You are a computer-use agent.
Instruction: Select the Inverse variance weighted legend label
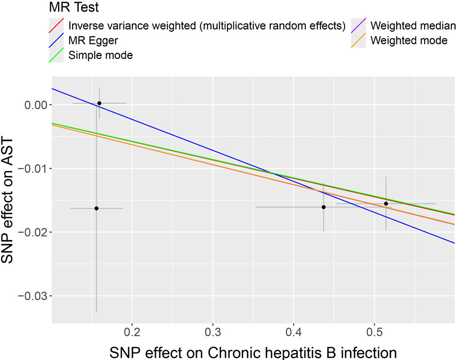(206, 25)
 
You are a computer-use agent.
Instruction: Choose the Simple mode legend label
(100, 55)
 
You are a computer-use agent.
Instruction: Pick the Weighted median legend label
(413, 25)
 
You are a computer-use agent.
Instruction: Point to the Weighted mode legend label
(409, 40)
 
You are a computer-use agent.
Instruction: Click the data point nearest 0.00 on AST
(99, 103)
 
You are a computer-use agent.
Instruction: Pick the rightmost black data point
(386, 203)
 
